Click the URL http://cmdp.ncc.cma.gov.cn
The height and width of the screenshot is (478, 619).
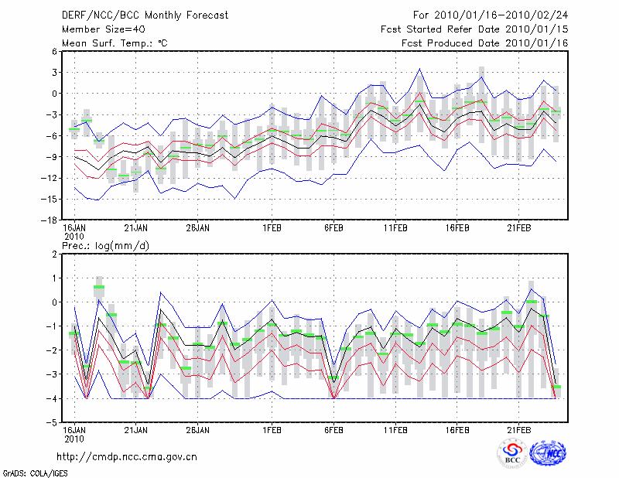(127, 456)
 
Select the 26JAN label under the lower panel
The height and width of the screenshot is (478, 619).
(198, 429)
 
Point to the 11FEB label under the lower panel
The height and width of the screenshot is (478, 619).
(396, 429)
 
